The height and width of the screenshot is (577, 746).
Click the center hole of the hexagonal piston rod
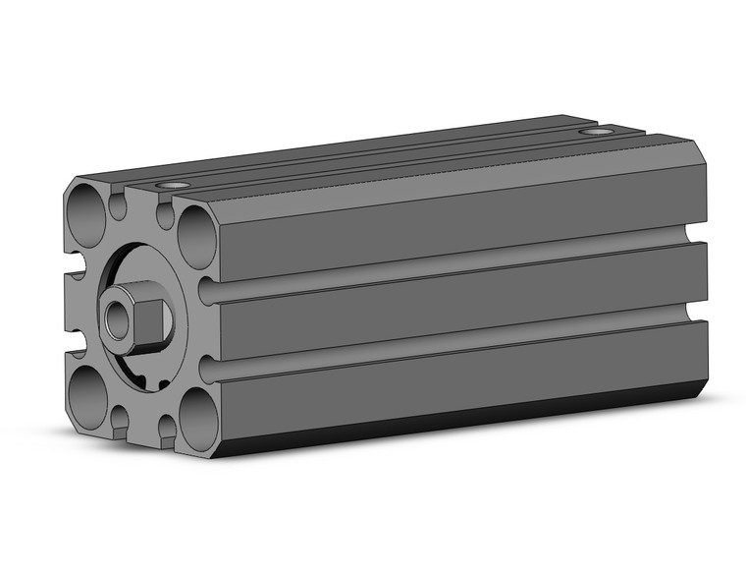coord(119,316)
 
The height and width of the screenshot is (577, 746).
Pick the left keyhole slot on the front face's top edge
coord(119,205)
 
